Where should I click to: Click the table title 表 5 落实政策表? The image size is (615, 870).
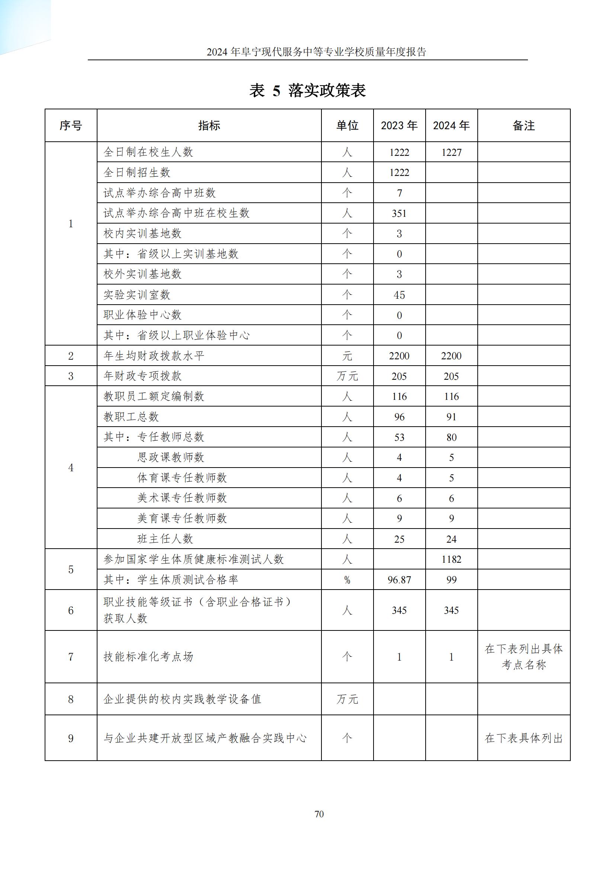click(x=307, y=90)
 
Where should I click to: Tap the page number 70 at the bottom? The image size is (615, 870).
click(x=319, y=814)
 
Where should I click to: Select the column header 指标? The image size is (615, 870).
click(x=209, y=125)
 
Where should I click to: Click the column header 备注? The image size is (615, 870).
click(x=523, y=125)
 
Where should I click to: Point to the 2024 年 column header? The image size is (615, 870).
click(x=451, y=125)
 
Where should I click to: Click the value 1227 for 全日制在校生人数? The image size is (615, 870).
click(x=451, y=153)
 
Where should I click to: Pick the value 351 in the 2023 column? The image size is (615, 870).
click(x=399, y=214)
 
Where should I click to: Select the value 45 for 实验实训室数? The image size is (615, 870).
click(x=399, y=295)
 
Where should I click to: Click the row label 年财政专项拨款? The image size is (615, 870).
click(x=142, y=376)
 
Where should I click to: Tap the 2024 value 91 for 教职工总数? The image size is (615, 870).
click(x=451, y=417)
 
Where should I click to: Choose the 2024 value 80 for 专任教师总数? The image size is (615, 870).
click(x=451, y=437)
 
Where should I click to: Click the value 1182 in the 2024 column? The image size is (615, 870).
click(x=451, y=559)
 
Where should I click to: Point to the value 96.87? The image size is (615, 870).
click(x=399, y=580)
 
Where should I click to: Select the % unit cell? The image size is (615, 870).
click(x=347, y=580)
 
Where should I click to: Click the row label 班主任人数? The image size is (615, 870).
click(x=165, y=539)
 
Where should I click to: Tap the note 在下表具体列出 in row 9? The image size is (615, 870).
click(x=523, y=738)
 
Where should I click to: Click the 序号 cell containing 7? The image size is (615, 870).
click(x=71, y=656)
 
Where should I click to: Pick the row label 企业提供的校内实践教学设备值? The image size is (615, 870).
click(x=182, y=699)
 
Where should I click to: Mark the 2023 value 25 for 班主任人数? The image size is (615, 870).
click(x=399, y=539)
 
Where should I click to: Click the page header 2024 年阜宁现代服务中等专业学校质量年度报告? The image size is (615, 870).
click(x=316, y=52)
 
